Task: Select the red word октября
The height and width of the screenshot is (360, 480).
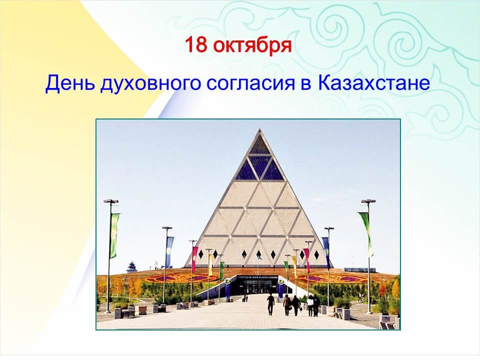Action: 252,46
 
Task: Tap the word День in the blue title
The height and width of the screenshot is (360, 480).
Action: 70,82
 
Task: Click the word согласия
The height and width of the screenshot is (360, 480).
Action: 250,83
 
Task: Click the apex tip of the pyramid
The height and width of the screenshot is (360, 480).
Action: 259,129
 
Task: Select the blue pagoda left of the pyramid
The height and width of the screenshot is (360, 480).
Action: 131,267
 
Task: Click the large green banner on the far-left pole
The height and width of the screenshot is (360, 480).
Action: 114,235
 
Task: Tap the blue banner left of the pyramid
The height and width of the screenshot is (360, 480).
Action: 169,252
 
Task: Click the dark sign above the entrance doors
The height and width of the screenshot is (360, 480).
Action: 258,277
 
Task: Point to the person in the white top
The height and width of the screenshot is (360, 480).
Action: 310,305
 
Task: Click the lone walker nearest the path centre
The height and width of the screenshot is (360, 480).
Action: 270,303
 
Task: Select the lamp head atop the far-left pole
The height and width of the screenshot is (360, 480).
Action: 111,201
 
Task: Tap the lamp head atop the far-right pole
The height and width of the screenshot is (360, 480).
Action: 368,201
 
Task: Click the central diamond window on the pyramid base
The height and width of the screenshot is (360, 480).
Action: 259,254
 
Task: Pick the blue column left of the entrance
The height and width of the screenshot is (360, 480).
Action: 227,288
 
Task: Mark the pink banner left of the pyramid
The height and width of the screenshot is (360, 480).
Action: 194,259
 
